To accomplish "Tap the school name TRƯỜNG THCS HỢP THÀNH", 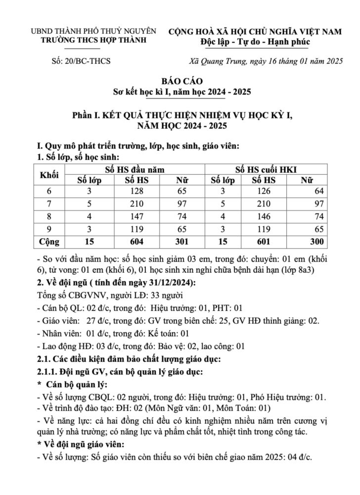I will (x=93, y=41).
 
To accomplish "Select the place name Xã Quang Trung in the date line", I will (x=214, y=61).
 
